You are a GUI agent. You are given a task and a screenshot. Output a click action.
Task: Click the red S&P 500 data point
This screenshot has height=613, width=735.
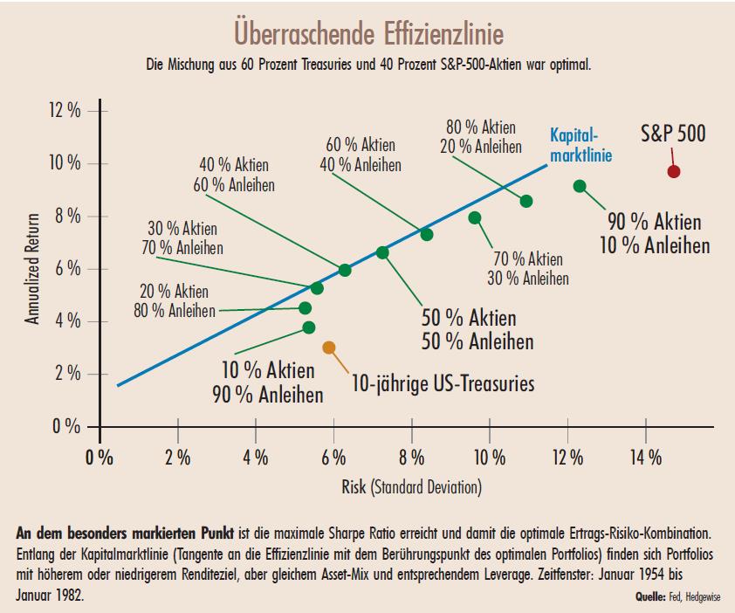coord(673,171)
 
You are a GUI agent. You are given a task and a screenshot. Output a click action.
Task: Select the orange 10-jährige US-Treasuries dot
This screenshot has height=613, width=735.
coord(329,348)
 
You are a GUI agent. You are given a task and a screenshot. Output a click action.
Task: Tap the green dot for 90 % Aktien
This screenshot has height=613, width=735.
coord(580,186)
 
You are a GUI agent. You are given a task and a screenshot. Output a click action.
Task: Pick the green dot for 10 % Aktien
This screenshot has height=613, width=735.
coord(308,327)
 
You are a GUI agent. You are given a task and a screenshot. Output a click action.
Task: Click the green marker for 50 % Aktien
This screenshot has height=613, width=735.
coord(382,252)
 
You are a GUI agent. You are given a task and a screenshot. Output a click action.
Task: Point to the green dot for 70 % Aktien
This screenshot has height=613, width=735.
coord(475,217)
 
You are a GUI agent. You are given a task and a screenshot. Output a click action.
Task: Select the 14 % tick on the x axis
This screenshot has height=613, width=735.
coord(645,457)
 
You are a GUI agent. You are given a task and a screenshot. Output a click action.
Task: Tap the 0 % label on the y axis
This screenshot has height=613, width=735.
coord(66,427)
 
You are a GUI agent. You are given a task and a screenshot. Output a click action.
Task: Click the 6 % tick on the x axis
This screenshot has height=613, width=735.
coord(333,457)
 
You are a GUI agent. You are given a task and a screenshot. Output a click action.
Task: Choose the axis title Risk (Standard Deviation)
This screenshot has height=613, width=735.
coord(410,486)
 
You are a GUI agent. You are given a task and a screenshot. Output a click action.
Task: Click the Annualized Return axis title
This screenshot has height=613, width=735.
coord(32,269)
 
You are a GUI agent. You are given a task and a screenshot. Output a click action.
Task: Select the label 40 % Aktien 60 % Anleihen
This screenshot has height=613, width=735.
coord(234,175)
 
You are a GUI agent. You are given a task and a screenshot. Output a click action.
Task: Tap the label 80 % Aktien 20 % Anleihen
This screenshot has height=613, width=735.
coord(481,137)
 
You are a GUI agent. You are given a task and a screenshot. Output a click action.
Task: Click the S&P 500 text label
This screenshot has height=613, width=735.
coord(672,134)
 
